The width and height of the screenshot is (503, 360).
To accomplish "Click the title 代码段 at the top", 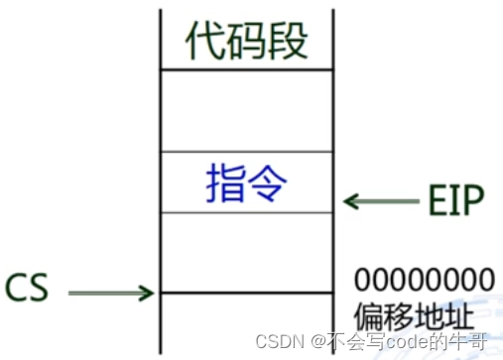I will click(x=247, y=41).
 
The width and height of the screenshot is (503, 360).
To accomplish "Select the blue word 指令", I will click(x=247, y=181).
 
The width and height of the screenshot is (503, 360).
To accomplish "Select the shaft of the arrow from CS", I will click(x=104, y=293).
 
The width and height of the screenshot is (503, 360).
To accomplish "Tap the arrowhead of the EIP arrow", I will click(x=349, y=201).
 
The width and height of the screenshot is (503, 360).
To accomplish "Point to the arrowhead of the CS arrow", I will click(x=147, y=293).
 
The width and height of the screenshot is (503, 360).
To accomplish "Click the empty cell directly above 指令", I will click(x=247, y=110).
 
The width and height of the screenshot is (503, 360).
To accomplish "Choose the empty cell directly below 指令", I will click(x=247, y=252).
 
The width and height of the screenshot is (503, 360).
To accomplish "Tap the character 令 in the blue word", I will click(x=269, y=181).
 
